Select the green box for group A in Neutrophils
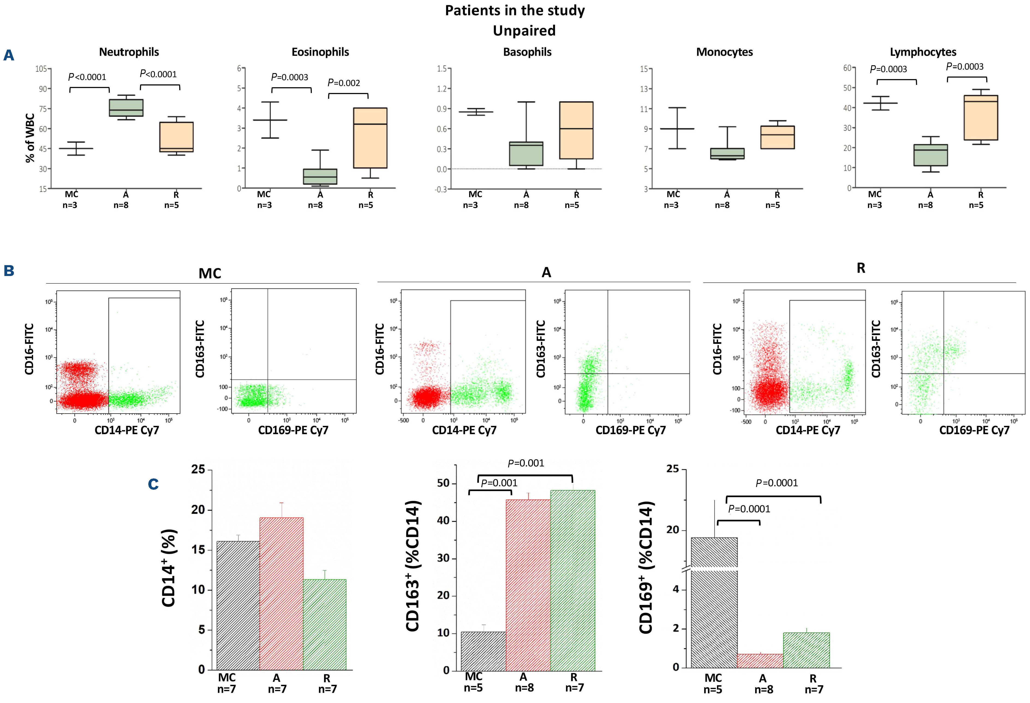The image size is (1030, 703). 126,108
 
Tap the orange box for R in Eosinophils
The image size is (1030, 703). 370,138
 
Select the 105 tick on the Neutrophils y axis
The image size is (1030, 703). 41,69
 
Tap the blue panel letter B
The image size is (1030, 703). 9,271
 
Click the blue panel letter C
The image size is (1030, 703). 153,484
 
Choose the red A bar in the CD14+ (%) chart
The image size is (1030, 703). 281,593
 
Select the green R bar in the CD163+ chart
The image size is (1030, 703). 573,580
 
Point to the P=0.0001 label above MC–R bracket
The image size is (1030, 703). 776,483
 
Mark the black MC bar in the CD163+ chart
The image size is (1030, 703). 483,651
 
